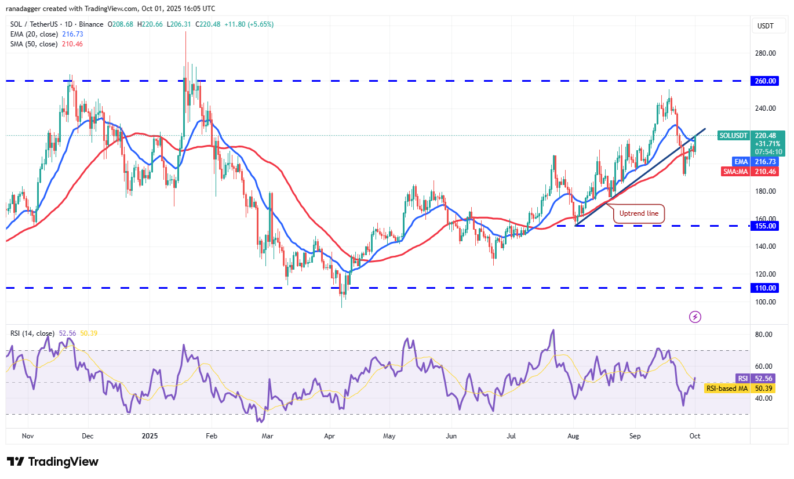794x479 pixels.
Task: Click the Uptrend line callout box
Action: click(639, 213)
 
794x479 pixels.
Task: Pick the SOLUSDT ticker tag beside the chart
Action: click(734, 135)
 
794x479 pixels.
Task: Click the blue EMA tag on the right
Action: click(741, 161)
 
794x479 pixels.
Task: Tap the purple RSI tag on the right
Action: click(742, 378)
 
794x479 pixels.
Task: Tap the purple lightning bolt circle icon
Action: click(695, 317)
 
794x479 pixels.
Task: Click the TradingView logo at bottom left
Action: click(53, 462)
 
